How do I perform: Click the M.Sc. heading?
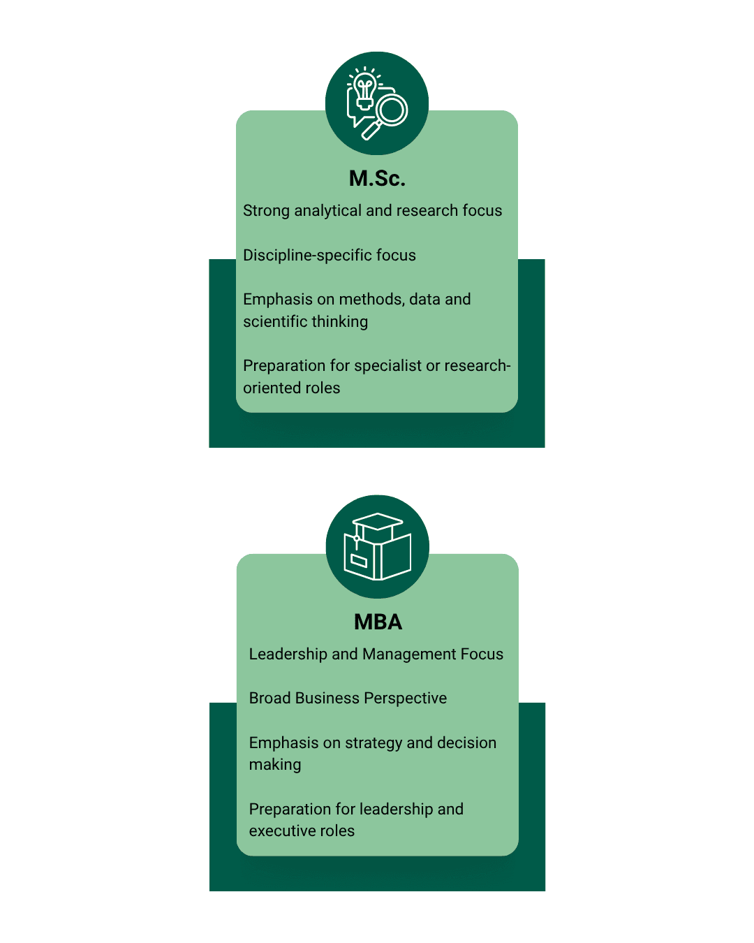tap(377, 179)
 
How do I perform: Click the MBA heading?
tap(378, 622)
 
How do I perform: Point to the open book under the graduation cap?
tap(378, 557)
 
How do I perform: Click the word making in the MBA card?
tap(275, 765)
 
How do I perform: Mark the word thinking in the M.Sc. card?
tap(339, 322)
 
